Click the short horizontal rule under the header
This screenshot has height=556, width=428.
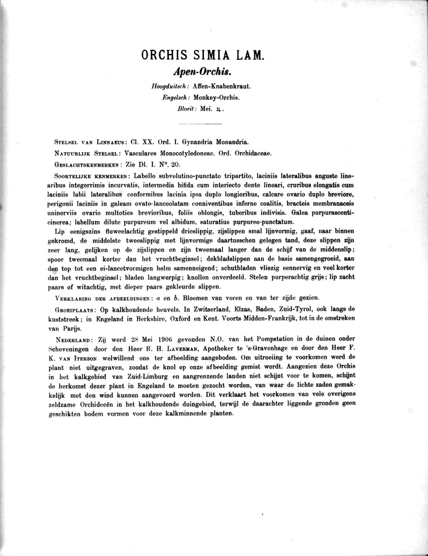pos(200,124)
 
